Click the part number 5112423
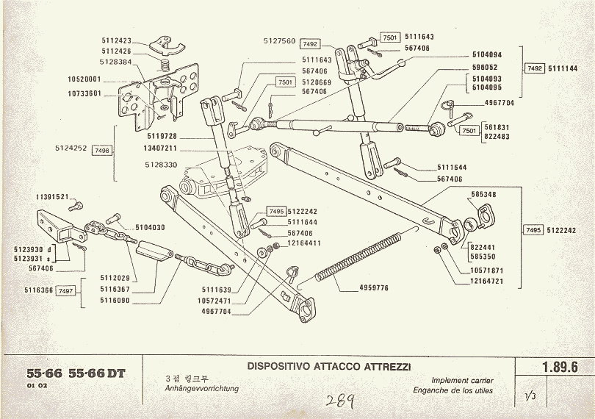click(x=116, y=40)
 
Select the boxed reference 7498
click(x=102, y=150)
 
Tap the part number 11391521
click(x=51, y=198)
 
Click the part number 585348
click(x=485, y=195)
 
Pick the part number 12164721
click(x=487, y=282)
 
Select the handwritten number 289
click(x=341, y=401)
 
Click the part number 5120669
click(x=317, y=82)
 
